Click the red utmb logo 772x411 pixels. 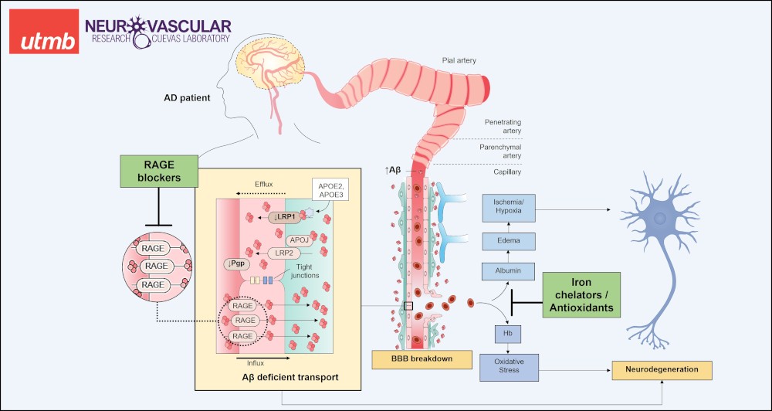pyautogui.click(x=44, y=32)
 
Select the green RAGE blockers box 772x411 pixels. pyautogui.click(x=157, y=170)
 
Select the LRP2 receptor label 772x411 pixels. pyautogui.click(x=283, y=252)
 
